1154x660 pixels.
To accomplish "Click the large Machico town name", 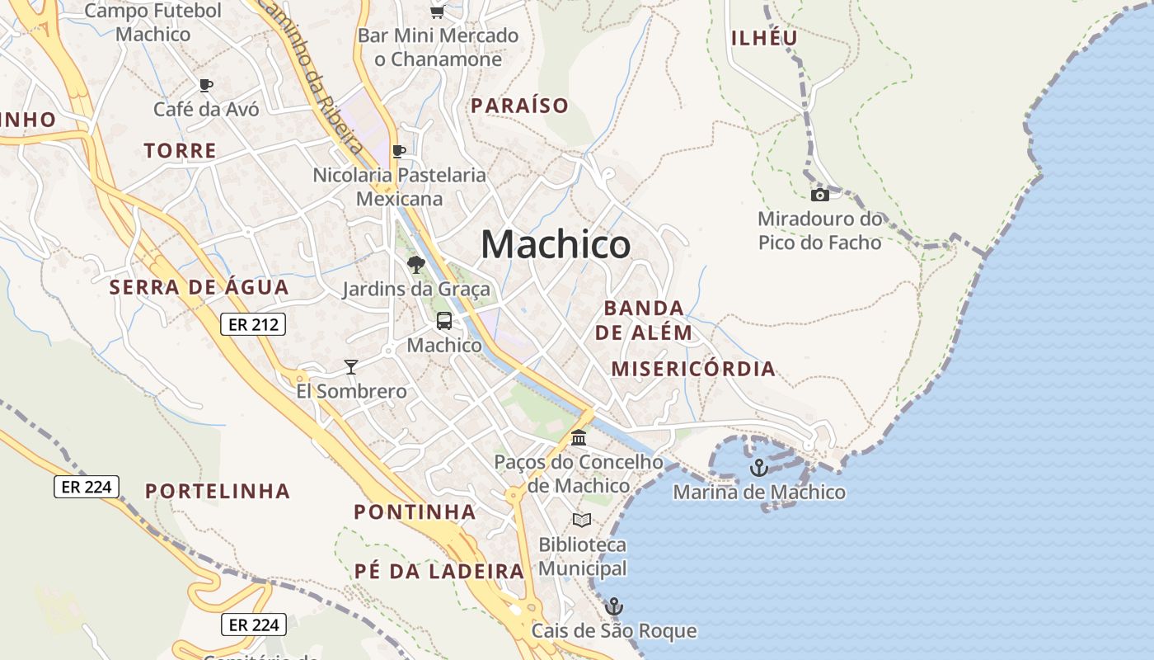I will (556, 244).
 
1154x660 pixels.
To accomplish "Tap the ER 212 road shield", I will (253, 324).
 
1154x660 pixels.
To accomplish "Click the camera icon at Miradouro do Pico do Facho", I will (819, 195).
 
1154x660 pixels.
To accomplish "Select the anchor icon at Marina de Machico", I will (758, 468).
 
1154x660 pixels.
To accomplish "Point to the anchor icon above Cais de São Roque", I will (613, 606).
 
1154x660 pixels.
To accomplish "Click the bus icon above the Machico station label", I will (443, 321).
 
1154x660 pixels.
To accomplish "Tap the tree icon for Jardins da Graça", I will (415, 264).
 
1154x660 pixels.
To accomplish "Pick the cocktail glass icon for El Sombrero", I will (351, 366).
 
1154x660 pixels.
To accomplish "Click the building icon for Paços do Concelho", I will (579, 437).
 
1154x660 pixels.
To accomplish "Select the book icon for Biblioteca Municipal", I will (582, 520).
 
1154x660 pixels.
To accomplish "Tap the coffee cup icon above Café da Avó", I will (206, 85).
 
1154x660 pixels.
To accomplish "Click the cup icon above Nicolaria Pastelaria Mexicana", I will (399, 151).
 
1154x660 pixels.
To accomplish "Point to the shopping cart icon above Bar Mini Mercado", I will (437, 12).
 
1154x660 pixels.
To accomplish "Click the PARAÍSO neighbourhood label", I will (519, 106).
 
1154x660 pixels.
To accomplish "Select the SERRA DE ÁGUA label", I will (199, 287).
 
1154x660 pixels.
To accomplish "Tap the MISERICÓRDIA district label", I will (693, 369).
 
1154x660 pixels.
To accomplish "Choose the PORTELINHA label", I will (218, 491).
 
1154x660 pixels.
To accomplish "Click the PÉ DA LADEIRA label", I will (439, 571).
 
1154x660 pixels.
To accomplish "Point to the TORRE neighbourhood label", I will (180, 151).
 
